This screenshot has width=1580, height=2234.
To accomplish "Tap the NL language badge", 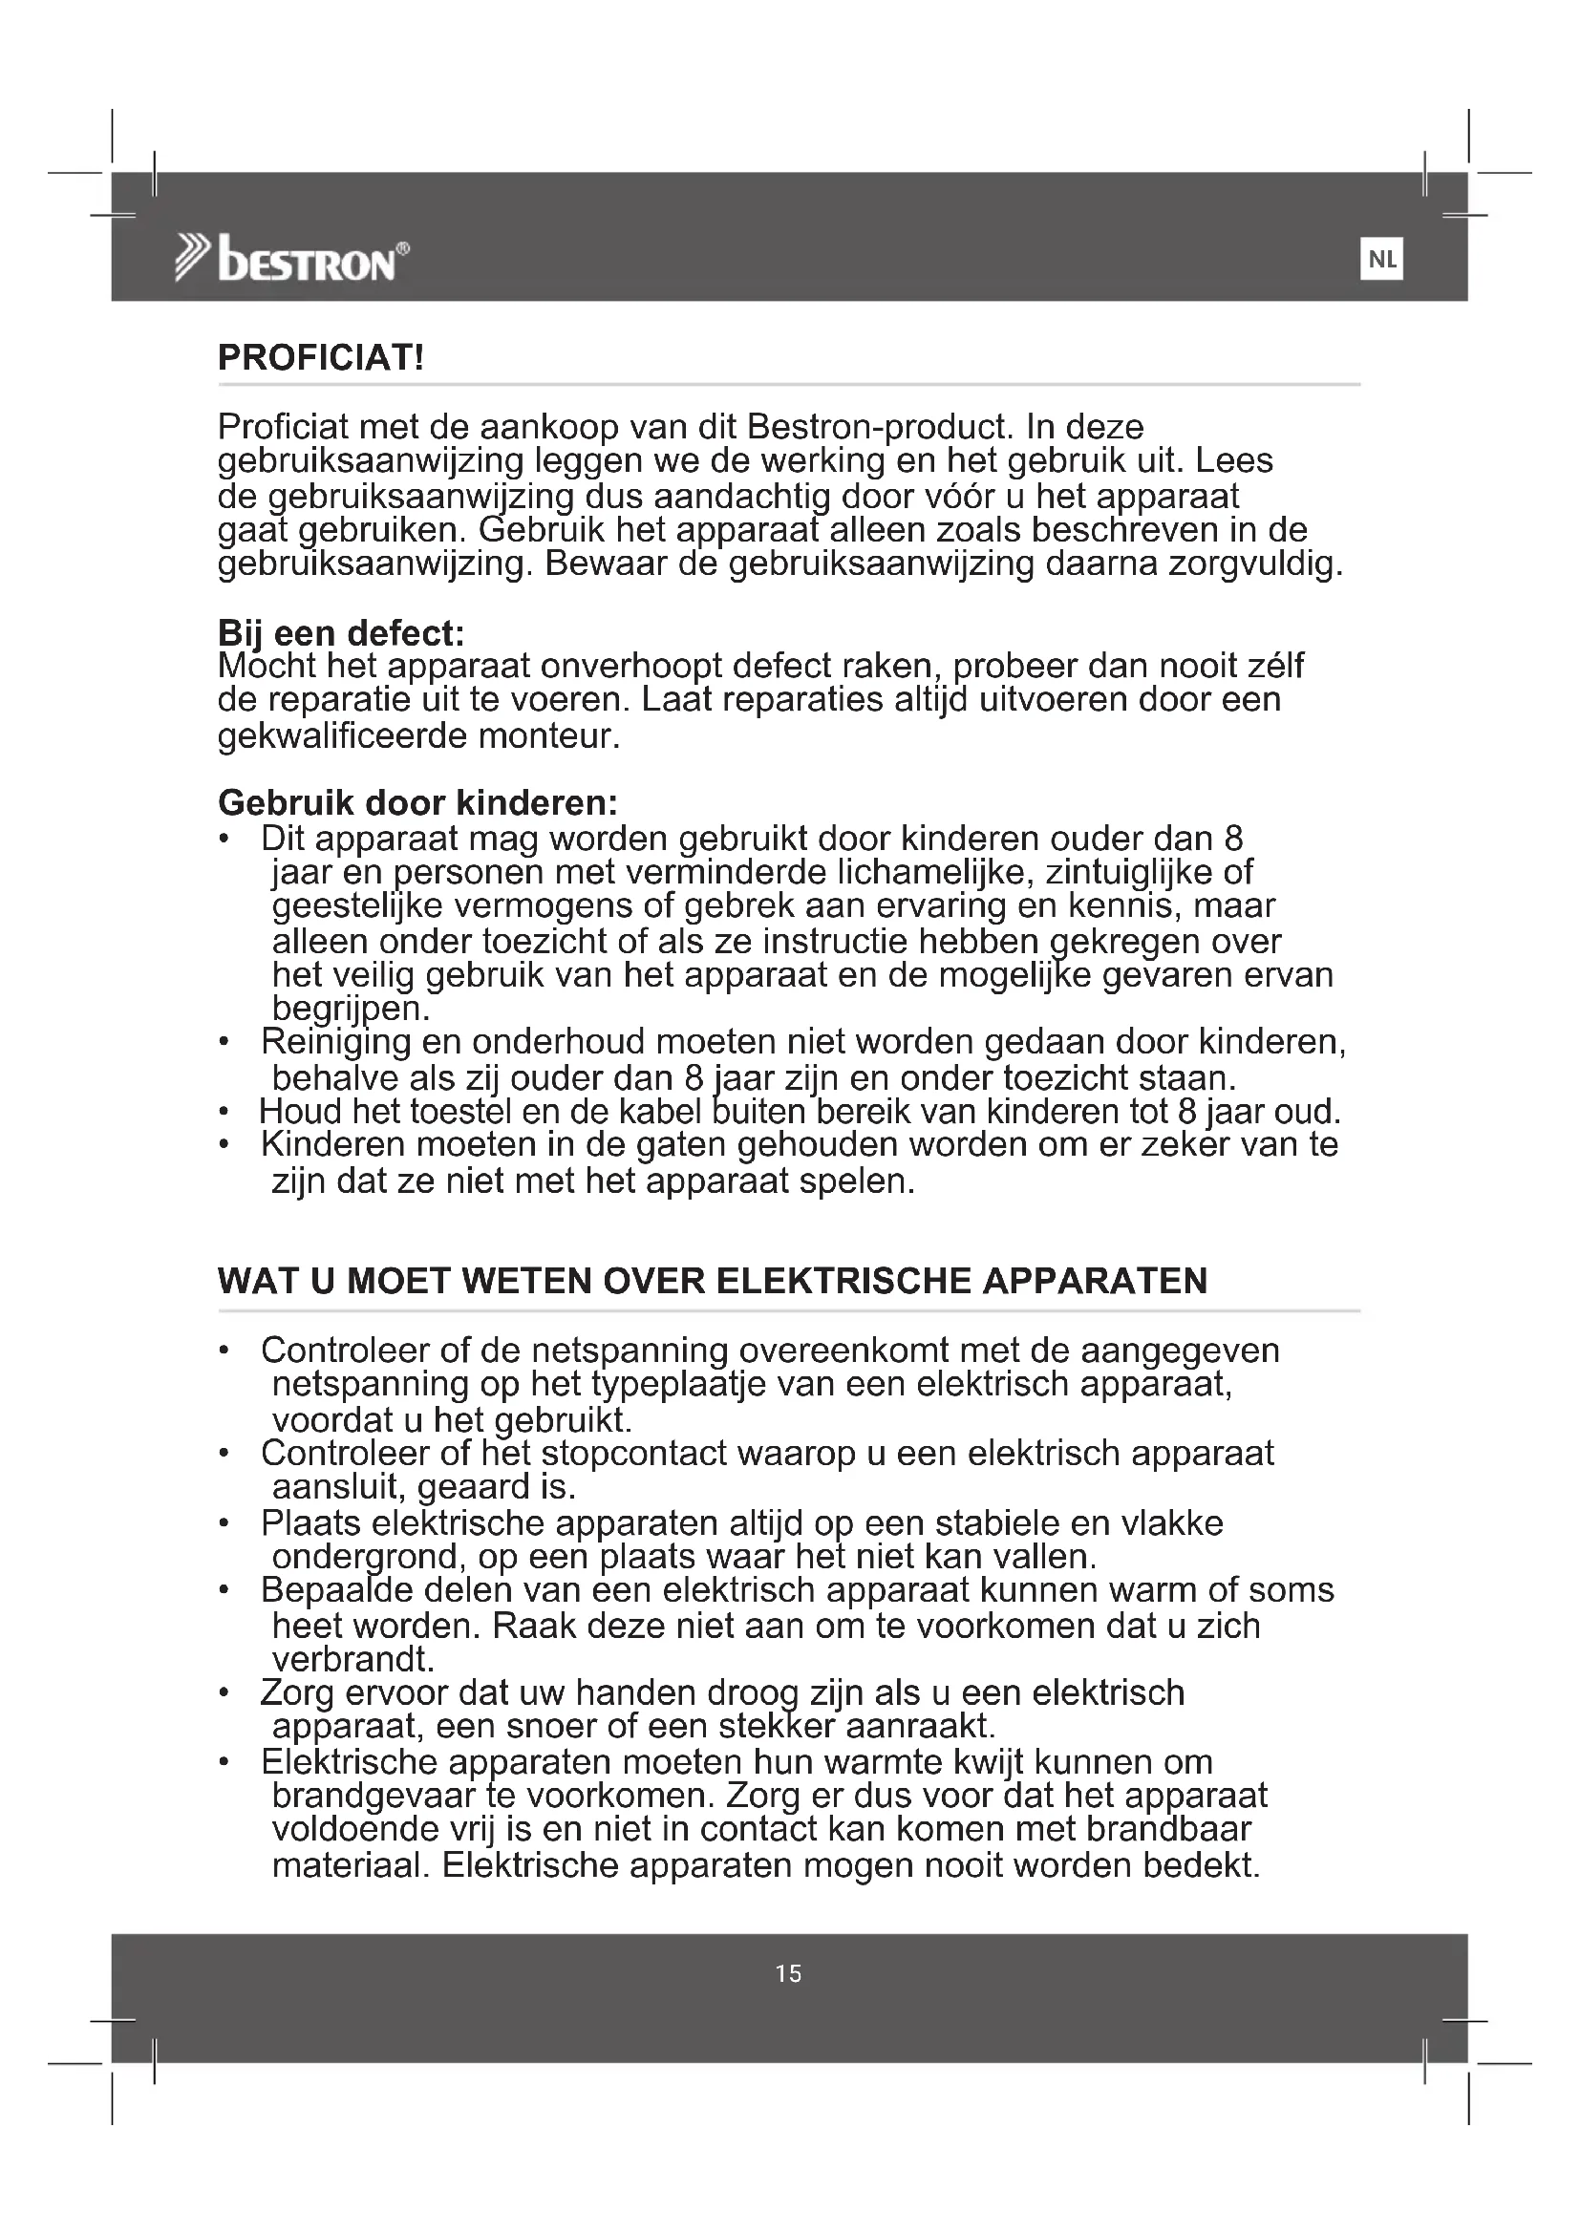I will (1381, 260).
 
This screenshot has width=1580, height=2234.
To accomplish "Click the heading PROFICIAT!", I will (321, 358).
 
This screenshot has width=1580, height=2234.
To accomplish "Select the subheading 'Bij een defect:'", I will (340, 633).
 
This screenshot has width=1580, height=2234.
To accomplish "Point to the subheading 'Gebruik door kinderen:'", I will (418, 802).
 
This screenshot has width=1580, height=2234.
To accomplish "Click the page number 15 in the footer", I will (789, 1973).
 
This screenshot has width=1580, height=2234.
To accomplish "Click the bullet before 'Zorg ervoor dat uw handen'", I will (224, 1694).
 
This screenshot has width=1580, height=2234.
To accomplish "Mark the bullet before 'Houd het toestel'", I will (224, 1111).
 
